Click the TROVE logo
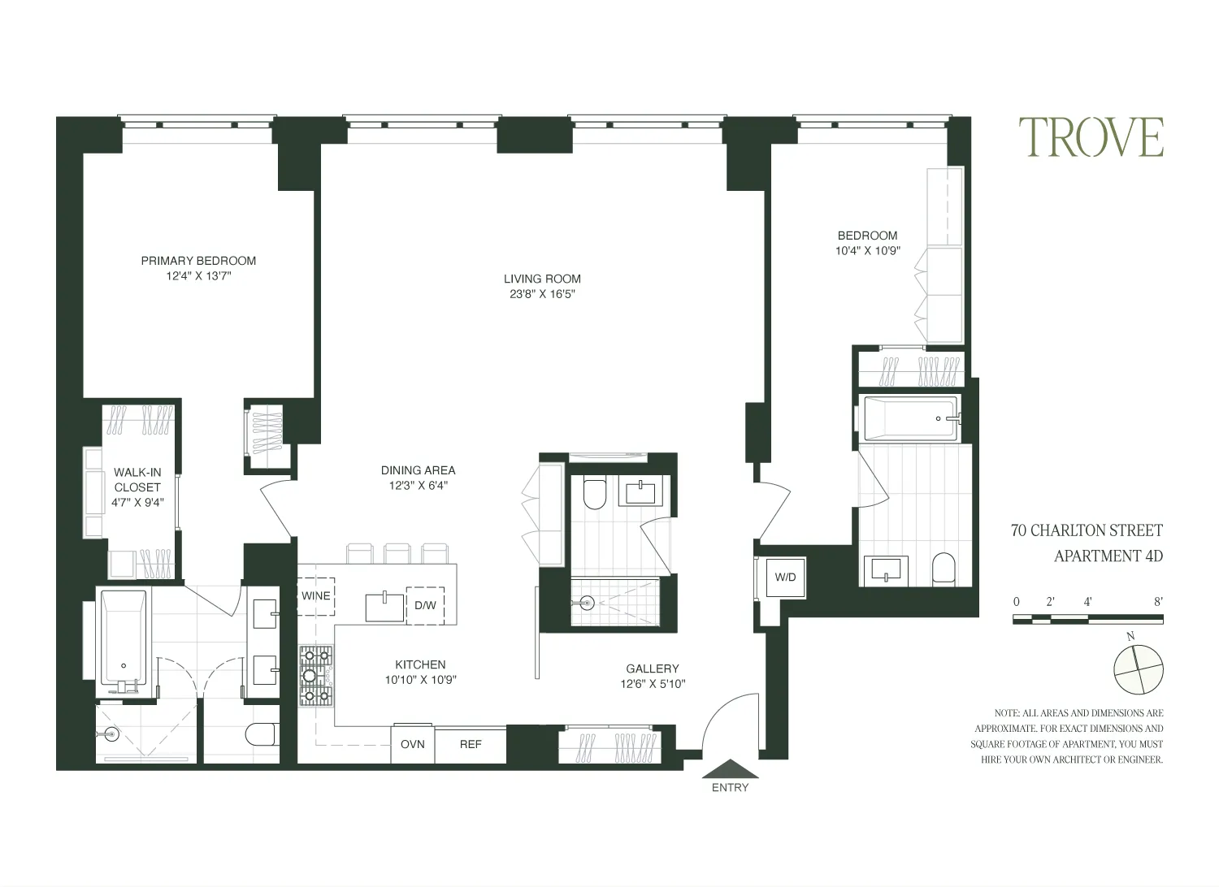click(1091, 137)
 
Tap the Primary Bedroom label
click(198, 261)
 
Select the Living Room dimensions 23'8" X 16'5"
click(542, 294)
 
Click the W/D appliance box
click(785, 578)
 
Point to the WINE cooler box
click(316, 595)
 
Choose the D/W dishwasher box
click(425, 605)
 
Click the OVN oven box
click(413, 744)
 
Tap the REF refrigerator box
click(471, 744)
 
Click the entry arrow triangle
click(731, 769)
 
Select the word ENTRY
click(730, 787)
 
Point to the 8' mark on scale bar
click(1157, 602)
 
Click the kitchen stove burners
click(316, 675)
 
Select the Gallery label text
click(653, 668)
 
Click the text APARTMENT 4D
click(1108, 556)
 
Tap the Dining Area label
click(418, 470)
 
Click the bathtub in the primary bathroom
click(124, 637)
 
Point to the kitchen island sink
click(384, 607)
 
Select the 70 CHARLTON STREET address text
click(1087, 531)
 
